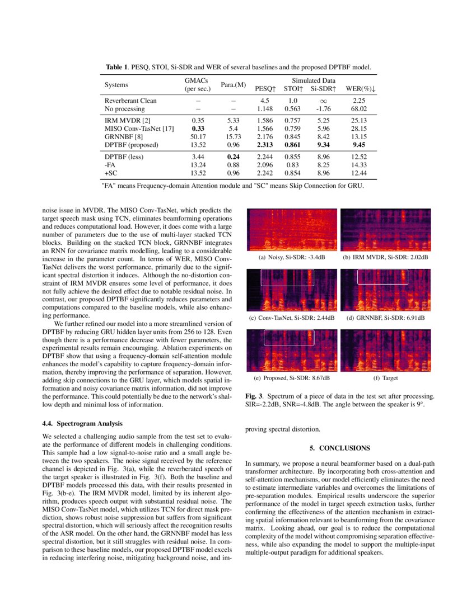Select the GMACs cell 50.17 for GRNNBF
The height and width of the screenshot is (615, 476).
(x=197, y=136)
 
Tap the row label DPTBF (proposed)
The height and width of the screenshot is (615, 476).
(x=132, y=145)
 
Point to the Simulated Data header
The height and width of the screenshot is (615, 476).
(x=316, y=81)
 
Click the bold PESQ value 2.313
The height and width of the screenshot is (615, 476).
(x=265, y=145)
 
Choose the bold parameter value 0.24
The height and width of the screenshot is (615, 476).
(x=234, y=157)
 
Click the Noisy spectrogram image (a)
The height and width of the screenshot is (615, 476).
(x=292, y=230)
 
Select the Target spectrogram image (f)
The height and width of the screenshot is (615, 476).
(x=385, y=351)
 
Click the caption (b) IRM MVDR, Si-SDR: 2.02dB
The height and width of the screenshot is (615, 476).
(x=385, y=257)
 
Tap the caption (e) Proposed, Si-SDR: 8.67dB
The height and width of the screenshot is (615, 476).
(x=292, y=378)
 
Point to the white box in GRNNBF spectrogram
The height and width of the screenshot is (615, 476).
(x=382, y=277)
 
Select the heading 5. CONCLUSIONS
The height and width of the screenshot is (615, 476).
(x=340, y=448)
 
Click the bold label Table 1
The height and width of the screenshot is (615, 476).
(x=118, y=67)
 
